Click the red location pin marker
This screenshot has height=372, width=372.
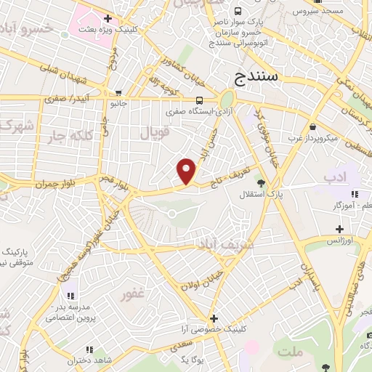click(x=187, y=171)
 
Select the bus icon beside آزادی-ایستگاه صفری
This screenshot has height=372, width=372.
click(x=199, y=100)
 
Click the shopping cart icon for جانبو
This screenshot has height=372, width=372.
click(x=118, y=93)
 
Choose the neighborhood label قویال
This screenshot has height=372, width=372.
click(x=153, y=133)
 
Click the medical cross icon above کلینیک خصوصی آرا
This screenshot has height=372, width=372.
click(x=214, y=318)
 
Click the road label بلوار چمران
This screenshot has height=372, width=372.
click(x=56, y=184)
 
